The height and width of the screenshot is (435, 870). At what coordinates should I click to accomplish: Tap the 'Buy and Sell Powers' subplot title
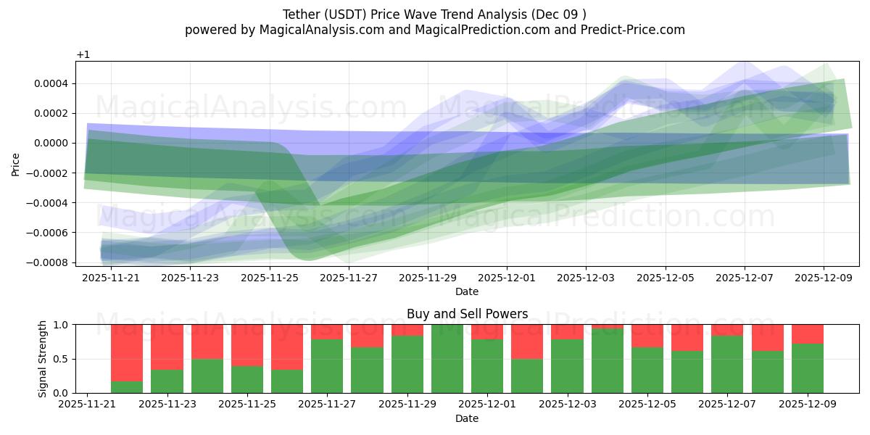pos(467,314)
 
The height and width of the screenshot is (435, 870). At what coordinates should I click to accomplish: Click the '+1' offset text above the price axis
pos(83,54)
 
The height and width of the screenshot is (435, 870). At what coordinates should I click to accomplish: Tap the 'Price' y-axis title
pos(15,164)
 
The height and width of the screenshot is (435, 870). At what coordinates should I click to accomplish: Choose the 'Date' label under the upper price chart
pos(467,291)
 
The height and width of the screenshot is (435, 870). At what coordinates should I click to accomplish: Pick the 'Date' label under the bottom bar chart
pos(467,418)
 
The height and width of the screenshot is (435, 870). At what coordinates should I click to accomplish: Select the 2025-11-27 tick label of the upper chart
pos(349,277)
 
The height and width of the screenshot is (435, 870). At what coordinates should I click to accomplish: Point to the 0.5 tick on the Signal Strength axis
pos(60,359)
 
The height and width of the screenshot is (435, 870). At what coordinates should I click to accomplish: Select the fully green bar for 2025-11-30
pos(447,359)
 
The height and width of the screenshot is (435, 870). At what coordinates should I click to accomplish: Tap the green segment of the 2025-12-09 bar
pos(808,368)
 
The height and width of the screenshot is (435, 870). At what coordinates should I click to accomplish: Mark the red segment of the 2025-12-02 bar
pos(527,341)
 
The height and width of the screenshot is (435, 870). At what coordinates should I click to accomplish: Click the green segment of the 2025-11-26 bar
pos(287,381)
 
